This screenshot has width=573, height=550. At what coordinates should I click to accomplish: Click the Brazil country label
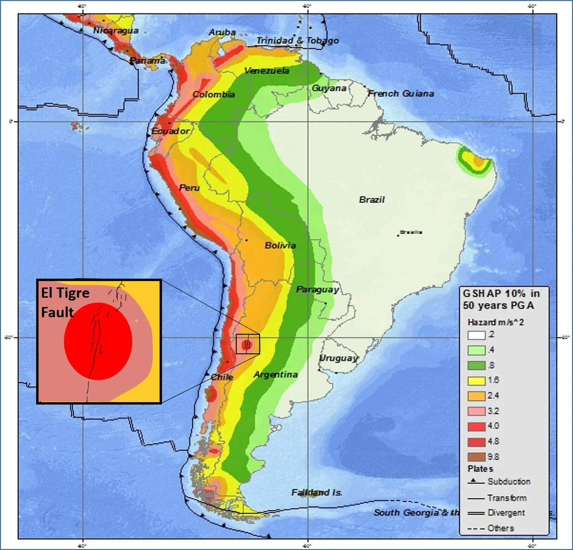pos(371,200)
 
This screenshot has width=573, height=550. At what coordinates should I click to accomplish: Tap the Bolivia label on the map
pos(280,246)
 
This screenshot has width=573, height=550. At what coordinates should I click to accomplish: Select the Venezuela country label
pos(266,71)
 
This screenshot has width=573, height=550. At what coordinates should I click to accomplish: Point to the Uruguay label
pos(339,358)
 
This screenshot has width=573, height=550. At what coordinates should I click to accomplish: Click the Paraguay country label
pos(318,290)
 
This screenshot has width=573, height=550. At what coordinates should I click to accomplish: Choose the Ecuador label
pos(170,131)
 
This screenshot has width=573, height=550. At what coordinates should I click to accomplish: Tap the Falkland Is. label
pos(317,492)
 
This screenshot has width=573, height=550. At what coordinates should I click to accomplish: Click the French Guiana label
pos(401,94)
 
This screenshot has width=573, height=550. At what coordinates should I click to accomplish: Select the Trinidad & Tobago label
pos(297,41)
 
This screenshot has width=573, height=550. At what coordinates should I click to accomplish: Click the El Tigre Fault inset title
pos(65,302)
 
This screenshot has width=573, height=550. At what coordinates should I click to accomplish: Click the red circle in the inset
pos(98,341)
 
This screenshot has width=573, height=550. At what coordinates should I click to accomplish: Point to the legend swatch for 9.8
pos(476,457)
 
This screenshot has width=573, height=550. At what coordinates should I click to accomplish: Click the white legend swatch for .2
pos(476,335)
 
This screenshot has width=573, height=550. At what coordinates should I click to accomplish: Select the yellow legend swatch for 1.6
pos(476,380)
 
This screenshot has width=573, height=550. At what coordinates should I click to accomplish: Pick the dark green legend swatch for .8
pos(476,366)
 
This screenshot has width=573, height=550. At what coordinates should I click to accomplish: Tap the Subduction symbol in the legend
pos(476,482)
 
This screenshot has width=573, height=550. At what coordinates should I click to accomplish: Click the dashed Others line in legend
pos(476,528)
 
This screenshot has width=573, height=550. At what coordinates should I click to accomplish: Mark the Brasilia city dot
pos(398,235)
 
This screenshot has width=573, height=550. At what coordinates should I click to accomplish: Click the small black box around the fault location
pos(248,344)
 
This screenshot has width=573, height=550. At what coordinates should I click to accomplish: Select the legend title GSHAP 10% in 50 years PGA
pos(500,300)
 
